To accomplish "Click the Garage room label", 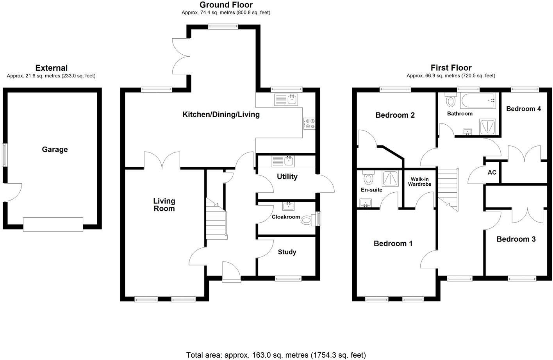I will pos(55,149).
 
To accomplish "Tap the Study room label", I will pos(287,252).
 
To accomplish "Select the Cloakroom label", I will pos(285,217).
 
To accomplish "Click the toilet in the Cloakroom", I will pos(308,220).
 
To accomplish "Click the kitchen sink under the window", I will pos(286,100).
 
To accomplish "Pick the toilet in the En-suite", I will pos(368,178).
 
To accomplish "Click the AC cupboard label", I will pos(492,172).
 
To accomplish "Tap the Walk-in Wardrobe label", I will pos(419,182).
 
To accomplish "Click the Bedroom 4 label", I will pos(523,109).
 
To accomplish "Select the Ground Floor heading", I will pos(226,5).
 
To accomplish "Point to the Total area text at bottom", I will pos(276,355).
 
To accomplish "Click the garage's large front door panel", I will pos(53,224).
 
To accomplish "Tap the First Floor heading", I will pos(451,68).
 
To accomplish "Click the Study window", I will pos(288,279).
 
